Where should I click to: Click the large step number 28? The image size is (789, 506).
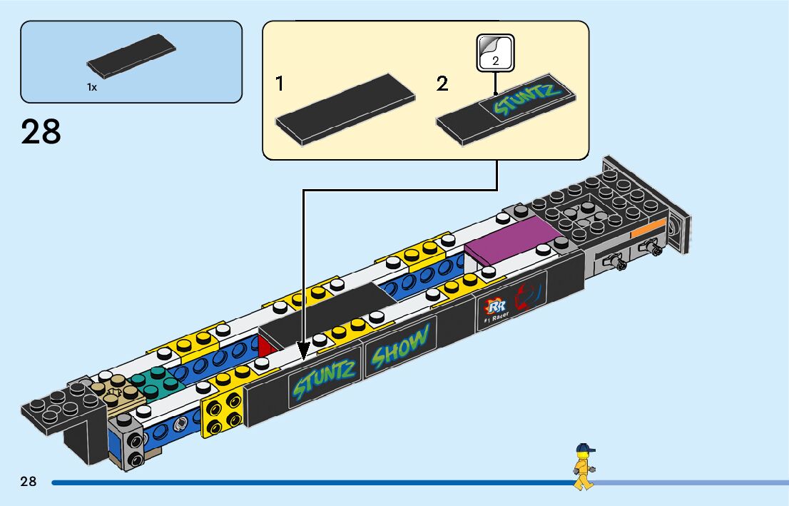pos(41,133)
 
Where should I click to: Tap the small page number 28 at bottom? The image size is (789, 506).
pos(29,482)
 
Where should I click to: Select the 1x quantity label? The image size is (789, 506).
pos(92,87)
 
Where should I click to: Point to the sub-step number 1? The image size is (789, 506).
pos(280,84)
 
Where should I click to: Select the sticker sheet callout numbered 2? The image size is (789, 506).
pos(495,52)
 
